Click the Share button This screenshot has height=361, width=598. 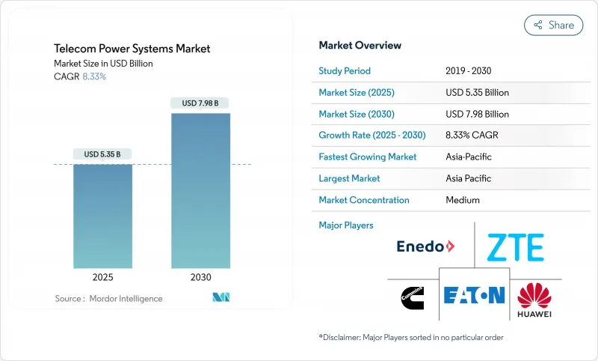tap(553, 25)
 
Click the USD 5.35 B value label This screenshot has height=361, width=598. tap(103, 154)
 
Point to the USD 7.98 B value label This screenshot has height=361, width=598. tap(200, 103)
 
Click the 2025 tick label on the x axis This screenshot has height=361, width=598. tap(103, 277)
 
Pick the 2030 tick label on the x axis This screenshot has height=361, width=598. tap(200, 277)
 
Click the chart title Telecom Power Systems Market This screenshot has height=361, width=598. tap(132, 49)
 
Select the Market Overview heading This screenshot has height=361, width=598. tap(360, 45)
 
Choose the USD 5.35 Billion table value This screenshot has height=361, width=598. tap(476, 93)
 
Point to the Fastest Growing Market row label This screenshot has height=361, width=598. tap(368, 157)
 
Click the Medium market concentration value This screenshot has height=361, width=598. tap(462, 200)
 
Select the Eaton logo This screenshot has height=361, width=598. tap(474, 294)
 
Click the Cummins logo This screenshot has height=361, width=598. tap(413, 295)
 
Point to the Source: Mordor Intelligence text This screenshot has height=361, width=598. tap(108, 298)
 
